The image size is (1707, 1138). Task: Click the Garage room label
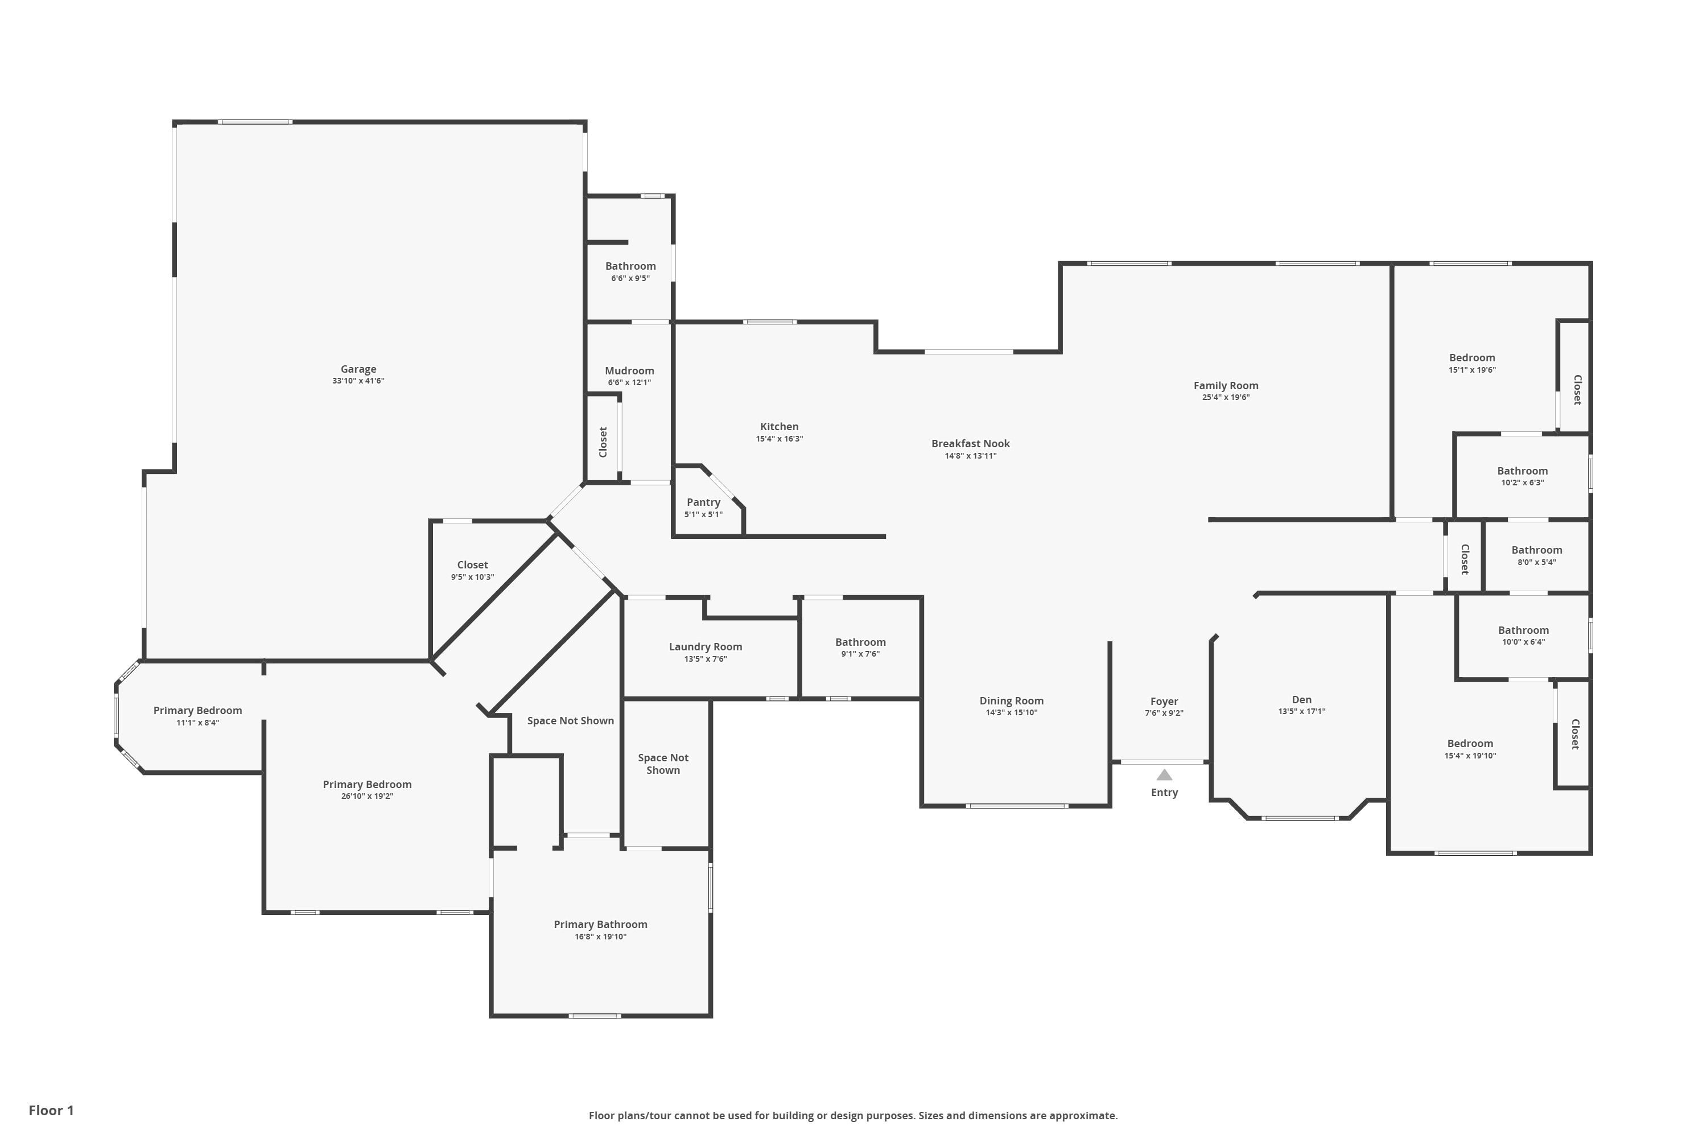pos(358,369)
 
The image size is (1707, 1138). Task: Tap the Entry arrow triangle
pos(1164,774)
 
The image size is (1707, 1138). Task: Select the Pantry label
pos(703,502)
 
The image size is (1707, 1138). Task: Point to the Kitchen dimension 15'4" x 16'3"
pos(780,438)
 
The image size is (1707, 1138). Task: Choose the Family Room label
pos(1226,385)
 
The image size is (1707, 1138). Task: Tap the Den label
pos(1301,700)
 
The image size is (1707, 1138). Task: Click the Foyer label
pos(1164,701)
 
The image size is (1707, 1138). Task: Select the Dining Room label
pos(1011,700)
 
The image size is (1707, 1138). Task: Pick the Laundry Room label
pos(706,646)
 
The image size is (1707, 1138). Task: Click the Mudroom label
pos(629,371)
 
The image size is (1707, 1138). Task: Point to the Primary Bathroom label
pos(600,924)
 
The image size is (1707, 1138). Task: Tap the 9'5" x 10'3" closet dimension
pos(472,577)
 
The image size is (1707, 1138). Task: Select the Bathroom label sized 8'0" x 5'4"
pos(1536,550)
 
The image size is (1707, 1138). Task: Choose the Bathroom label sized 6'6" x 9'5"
pos(630,266)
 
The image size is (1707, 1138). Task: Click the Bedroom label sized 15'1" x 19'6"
pos(1472,358)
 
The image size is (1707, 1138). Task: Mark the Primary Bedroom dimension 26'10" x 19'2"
pos(367,796)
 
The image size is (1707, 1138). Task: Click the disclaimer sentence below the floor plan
pos(853,1115)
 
